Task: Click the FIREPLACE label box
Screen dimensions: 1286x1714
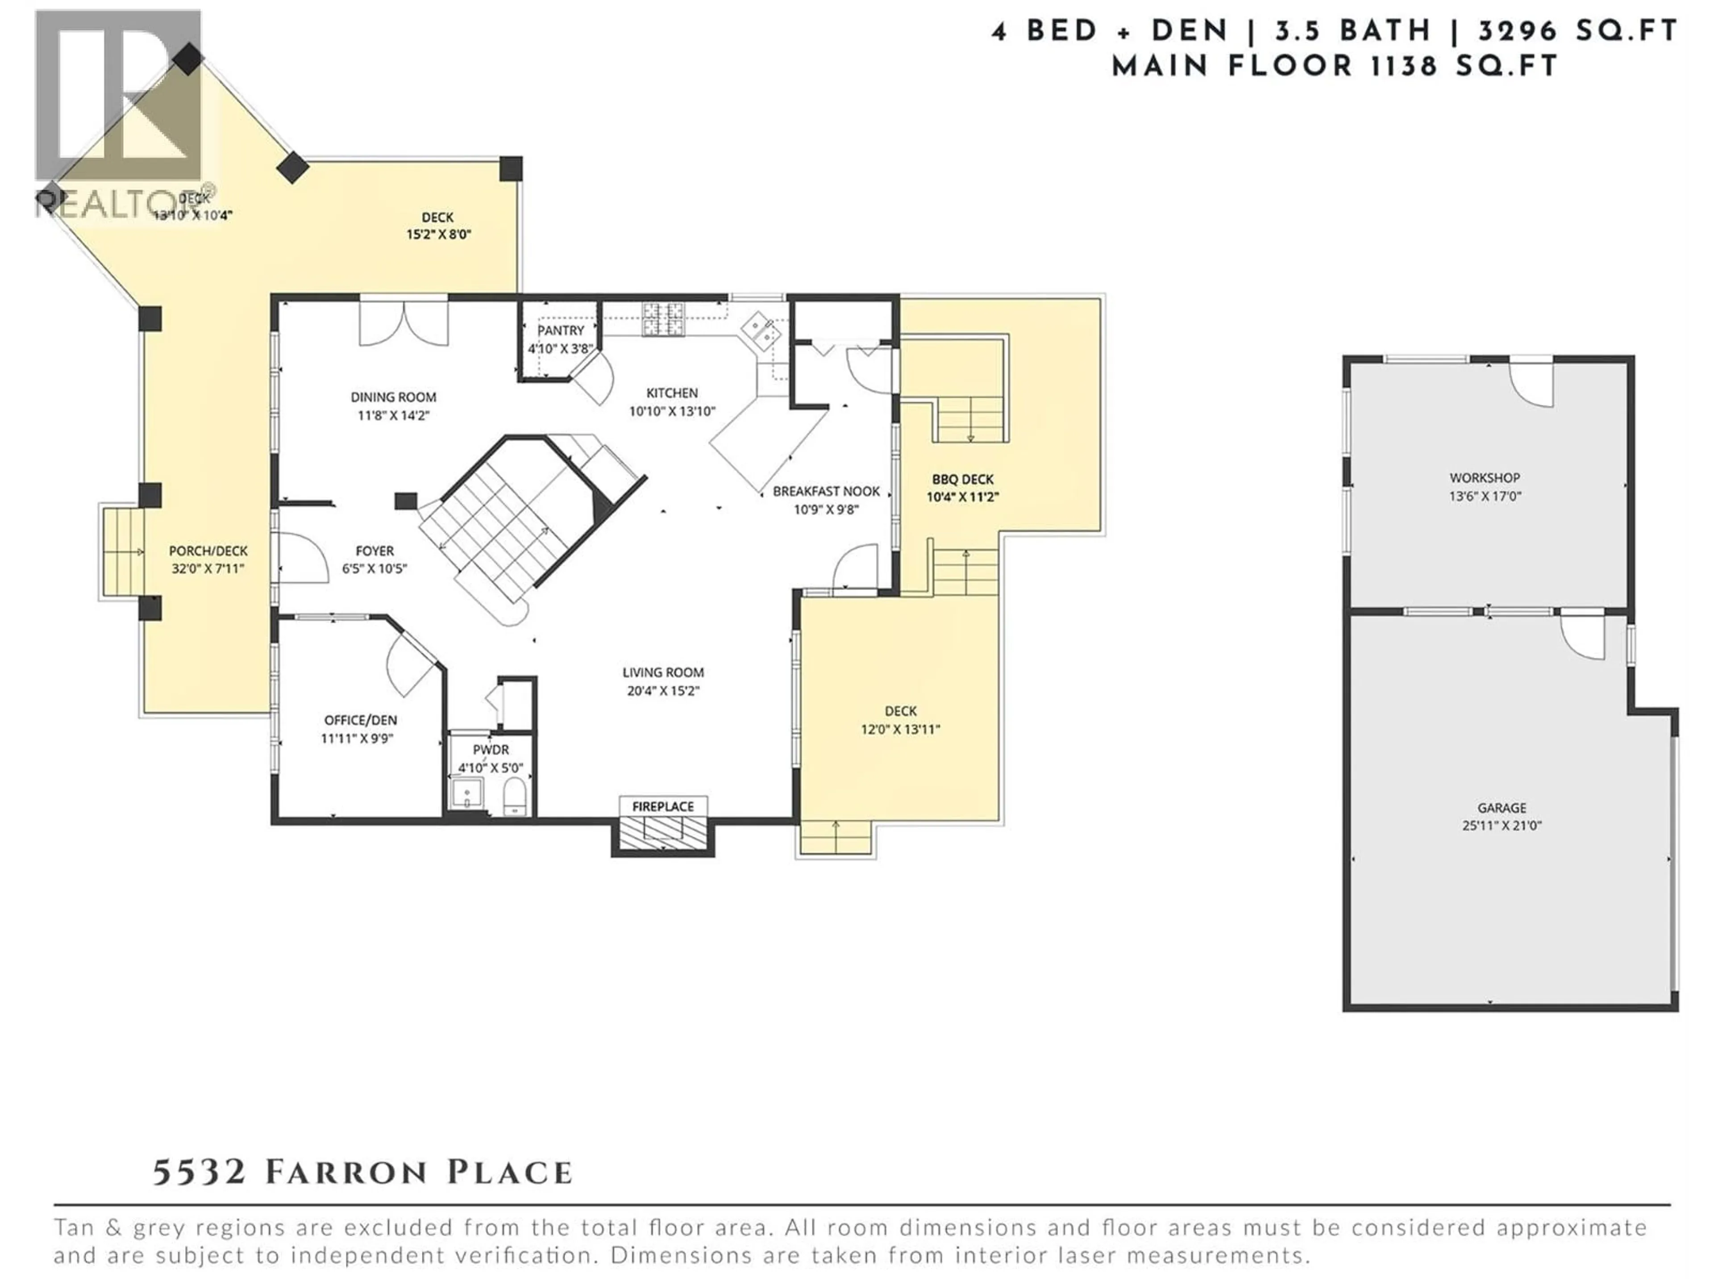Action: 662,806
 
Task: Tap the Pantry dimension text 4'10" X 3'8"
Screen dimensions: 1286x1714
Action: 560,349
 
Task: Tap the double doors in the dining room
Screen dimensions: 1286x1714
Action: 404,324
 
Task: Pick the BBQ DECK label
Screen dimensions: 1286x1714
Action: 962,479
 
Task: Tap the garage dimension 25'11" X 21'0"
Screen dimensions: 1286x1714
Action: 1502,826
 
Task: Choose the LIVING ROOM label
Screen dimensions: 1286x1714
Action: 662,672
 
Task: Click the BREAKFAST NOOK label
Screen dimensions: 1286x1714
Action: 826,491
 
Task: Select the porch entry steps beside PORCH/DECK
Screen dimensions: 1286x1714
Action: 122,551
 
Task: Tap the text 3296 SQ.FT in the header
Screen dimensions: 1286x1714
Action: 1577,31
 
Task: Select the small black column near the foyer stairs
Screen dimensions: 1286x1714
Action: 405,501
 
